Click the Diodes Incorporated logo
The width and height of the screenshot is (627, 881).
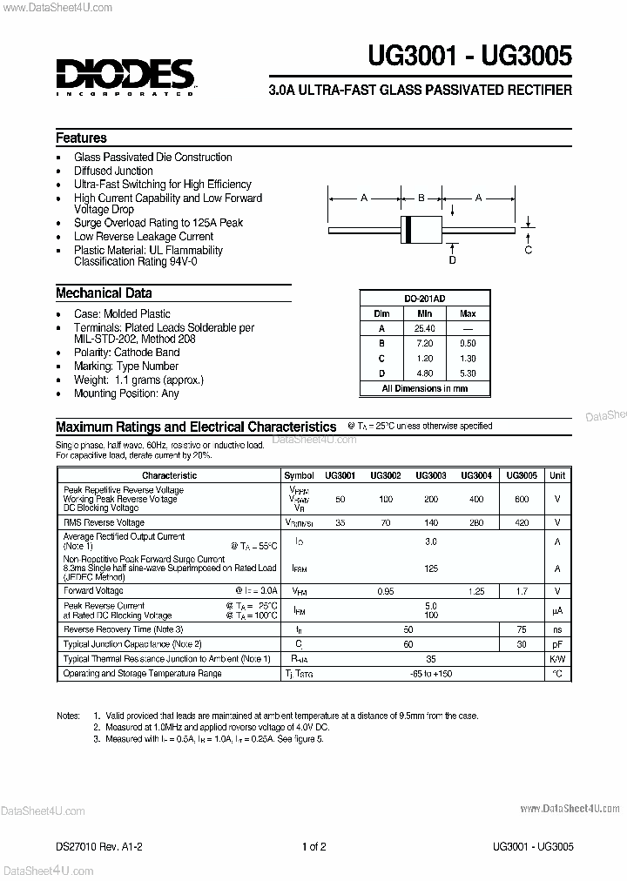[125, 76]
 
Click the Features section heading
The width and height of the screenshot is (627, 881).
[81, 138]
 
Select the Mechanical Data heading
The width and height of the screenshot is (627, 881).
[104, 293]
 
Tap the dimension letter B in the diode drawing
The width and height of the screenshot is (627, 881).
[421, 198]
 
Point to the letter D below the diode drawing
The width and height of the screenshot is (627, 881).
[452, 259]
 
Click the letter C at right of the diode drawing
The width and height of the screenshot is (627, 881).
[528, 251]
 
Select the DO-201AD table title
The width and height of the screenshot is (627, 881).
[424, 298]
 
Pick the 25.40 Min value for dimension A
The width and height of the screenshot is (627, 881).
[424, 328]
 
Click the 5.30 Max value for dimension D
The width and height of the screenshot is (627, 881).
[468, 373]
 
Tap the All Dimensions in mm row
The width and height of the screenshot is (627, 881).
[424, 388]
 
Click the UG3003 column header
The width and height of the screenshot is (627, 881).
[431, 475]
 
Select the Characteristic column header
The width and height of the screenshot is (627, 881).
[169, 475]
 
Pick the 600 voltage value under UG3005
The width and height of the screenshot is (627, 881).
[522, 499]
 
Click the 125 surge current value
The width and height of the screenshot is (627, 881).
[430, 568]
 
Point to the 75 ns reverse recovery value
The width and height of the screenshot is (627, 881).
[522, 629]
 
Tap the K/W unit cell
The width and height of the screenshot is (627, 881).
[557, 659]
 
